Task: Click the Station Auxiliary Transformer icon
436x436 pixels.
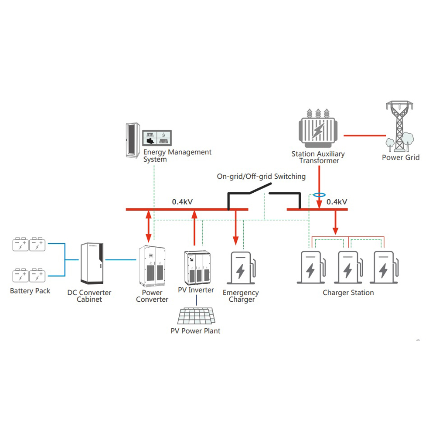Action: tap(318, 128)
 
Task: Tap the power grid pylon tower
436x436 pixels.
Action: tap(399, 126)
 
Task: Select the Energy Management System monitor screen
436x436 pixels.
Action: tap(157, 138)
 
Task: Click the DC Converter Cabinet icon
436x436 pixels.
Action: tap(92, 263)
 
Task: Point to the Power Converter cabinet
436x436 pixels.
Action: tap(152, 266)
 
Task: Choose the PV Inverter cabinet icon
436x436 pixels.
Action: tap(198, 268)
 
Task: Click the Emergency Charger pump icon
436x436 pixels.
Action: tap(242, 268)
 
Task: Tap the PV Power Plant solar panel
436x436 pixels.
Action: tap(197, 316)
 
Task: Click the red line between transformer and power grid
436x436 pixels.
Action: tap(364, 136)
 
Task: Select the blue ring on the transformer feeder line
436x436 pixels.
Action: tap(319, 195)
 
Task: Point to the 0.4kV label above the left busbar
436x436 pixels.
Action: tap(182, 202)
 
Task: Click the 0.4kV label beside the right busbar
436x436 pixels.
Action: tap(337, 202)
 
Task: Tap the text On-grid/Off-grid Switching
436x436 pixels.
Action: tap(261, 177)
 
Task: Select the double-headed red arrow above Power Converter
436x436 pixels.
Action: tap(149, 226)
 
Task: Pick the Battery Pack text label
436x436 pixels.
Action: tap(30, 291)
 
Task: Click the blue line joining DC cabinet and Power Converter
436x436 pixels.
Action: tap(121, 260)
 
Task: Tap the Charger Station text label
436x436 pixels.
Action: tap(348, 293)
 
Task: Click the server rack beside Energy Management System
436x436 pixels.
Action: tap(133, 140)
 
